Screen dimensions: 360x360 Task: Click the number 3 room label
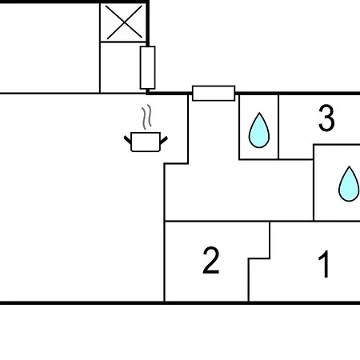click(x=326, y=118)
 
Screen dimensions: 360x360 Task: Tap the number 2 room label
click(x=211, y=261)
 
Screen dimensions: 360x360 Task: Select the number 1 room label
click(x=324, y=264)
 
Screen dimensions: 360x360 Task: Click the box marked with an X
click(x=123, y=22)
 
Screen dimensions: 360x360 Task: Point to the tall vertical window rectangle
click(x=147, y=67)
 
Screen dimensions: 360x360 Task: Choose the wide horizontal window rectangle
click(x=214, y=94)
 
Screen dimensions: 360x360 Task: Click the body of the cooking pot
click(x=146, y=142)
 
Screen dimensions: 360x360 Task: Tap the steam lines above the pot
click(x=146, y=117)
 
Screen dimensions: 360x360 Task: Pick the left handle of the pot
click(x=127, y=140)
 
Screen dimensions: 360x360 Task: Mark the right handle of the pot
click(x=164, y=140)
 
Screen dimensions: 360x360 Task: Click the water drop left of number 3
click(x=259, y=130)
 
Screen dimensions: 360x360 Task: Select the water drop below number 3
click(x=349, y=184)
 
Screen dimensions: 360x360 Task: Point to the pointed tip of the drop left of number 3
click(x=259, y=113)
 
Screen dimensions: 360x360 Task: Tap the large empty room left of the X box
click(x=50, y=48)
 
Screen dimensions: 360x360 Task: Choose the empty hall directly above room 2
click(x=238, y=190)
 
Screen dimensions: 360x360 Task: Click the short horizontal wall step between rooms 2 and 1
click(x=259, y=258)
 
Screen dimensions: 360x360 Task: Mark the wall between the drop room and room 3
click(x=278, y=127)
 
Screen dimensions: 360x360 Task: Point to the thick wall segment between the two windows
click(x=170, y=93)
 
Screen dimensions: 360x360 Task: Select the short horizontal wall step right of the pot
click(x=176, y=163)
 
